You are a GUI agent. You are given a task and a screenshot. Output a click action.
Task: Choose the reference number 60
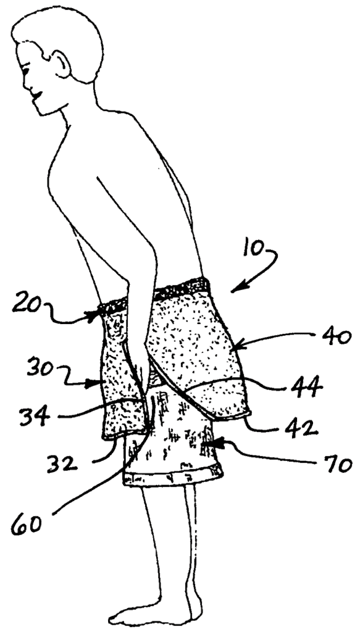[26, 525]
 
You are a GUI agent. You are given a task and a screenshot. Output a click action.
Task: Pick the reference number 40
[336, 338]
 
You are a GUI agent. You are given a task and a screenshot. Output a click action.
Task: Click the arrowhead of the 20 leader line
[96, 315]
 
